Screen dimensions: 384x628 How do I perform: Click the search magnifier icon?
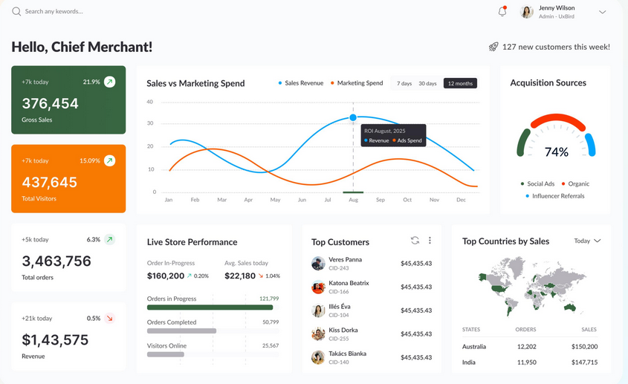[x=16, y=12]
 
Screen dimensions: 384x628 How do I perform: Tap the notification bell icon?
[x=502, y=12]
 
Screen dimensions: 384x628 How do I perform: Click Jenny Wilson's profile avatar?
[x=527, y=12]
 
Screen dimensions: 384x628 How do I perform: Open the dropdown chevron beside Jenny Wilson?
[x=602, y=12]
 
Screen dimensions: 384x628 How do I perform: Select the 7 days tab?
[x=404, y=83]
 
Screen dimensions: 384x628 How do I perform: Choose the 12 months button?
[x=460, y=83]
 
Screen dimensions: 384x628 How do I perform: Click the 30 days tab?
[x=427, y=83]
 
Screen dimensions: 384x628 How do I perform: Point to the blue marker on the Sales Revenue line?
[x=353, y=117]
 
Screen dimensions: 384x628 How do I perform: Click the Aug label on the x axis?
[x=353, y=200]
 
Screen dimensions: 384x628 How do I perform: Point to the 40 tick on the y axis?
[x=150, y=102]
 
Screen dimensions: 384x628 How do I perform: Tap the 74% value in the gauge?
[x=557, y=152]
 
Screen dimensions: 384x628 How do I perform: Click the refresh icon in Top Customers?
[x=415, y=241]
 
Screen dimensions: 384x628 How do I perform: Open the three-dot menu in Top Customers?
[x=430, y=241]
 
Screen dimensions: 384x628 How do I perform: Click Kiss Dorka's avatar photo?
[x=318, y=334]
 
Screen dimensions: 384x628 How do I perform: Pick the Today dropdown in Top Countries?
[x=587, y=241]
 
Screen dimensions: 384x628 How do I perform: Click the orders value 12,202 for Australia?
[x=525, y=346]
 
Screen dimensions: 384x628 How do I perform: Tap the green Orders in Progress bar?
[x=210, y=307]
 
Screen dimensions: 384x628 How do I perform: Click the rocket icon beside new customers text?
[x=493, y=47]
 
